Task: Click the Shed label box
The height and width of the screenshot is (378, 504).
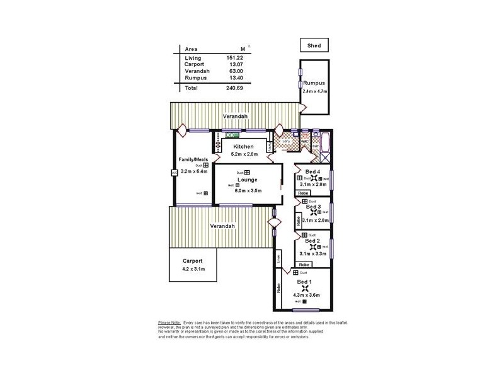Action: (x=314, y=45)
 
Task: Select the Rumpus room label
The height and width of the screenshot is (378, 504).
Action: (x=314, y=84)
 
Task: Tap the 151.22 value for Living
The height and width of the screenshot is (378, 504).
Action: (x=234, y=58)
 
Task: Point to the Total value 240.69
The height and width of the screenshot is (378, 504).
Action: (x=234, y=88)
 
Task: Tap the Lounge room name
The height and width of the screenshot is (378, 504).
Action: (x=246, y=180)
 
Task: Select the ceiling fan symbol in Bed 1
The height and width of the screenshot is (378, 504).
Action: (x=306, y=288)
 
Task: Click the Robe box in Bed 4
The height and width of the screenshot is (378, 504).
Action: (x=303, y=193)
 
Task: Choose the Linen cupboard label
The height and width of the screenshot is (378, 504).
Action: (x=278, y=258)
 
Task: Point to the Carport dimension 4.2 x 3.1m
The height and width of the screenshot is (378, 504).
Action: (x=192, y=269)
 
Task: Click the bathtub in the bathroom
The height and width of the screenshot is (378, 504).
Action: (x=326, y=144)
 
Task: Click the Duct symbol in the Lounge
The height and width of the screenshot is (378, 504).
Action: (x=248, y=173)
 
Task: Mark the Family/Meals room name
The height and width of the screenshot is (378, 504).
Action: (x=193, y=159)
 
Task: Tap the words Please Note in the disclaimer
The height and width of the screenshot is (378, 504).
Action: (x=169, y=323)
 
